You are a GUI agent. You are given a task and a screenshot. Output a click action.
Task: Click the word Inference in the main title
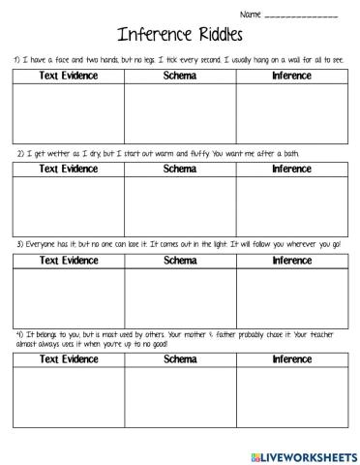[x=154, y=35]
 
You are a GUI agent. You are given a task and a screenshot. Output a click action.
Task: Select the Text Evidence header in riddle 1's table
[x=68, y=76]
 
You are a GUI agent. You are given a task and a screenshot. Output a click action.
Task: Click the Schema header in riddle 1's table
[x=180, y=76]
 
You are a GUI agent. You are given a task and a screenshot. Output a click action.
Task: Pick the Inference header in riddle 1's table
[x=291, y=76]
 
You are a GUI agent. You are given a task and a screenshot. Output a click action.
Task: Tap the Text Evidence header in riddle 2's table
[x=68, y=169]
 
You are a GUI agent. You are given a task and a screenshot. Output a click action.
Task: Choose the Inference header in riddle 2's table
[x=291, y=169]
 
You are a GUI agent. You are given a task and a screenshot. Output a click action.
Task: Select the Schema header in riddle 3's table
[x=180, y=261]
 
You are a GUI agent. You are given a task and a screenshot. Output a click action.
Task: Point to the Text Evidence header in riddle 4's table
[x=68, y=359]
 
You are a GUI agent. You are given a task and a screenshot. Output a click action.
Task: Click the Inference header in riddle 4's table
[x=291, y=359]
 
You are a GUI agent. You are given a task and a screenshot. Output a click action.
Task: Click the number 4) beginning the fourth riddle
[x=17, y=333]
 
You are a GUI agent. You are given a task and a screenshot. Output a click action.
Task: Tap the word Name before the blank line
[x=250, y=15]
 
